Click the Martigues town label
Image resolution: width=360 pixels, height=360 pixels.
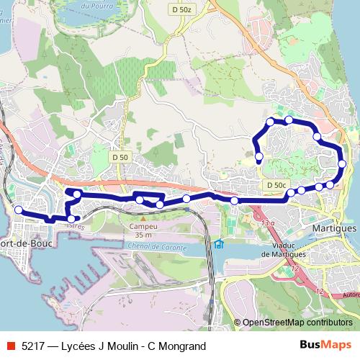pos(336,228)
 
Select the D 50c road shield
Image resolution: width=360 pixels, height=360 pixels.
pos(275,185)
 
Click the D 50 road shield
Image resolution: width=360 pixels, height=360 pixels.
pos(120,157)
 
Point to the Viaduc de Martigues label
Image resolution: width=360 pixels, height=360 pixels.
pos(286,249)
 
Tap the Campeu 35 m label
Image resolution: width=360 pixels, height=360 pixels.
pos(143,230)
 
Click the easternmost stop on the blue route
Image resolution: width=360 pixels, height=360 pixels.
pos(342,164)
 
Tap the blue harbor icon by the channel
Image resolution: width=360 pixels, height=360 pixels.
pos(219,243)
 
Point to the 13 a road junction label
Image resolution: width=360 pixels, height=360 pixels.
pos(268,224)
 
